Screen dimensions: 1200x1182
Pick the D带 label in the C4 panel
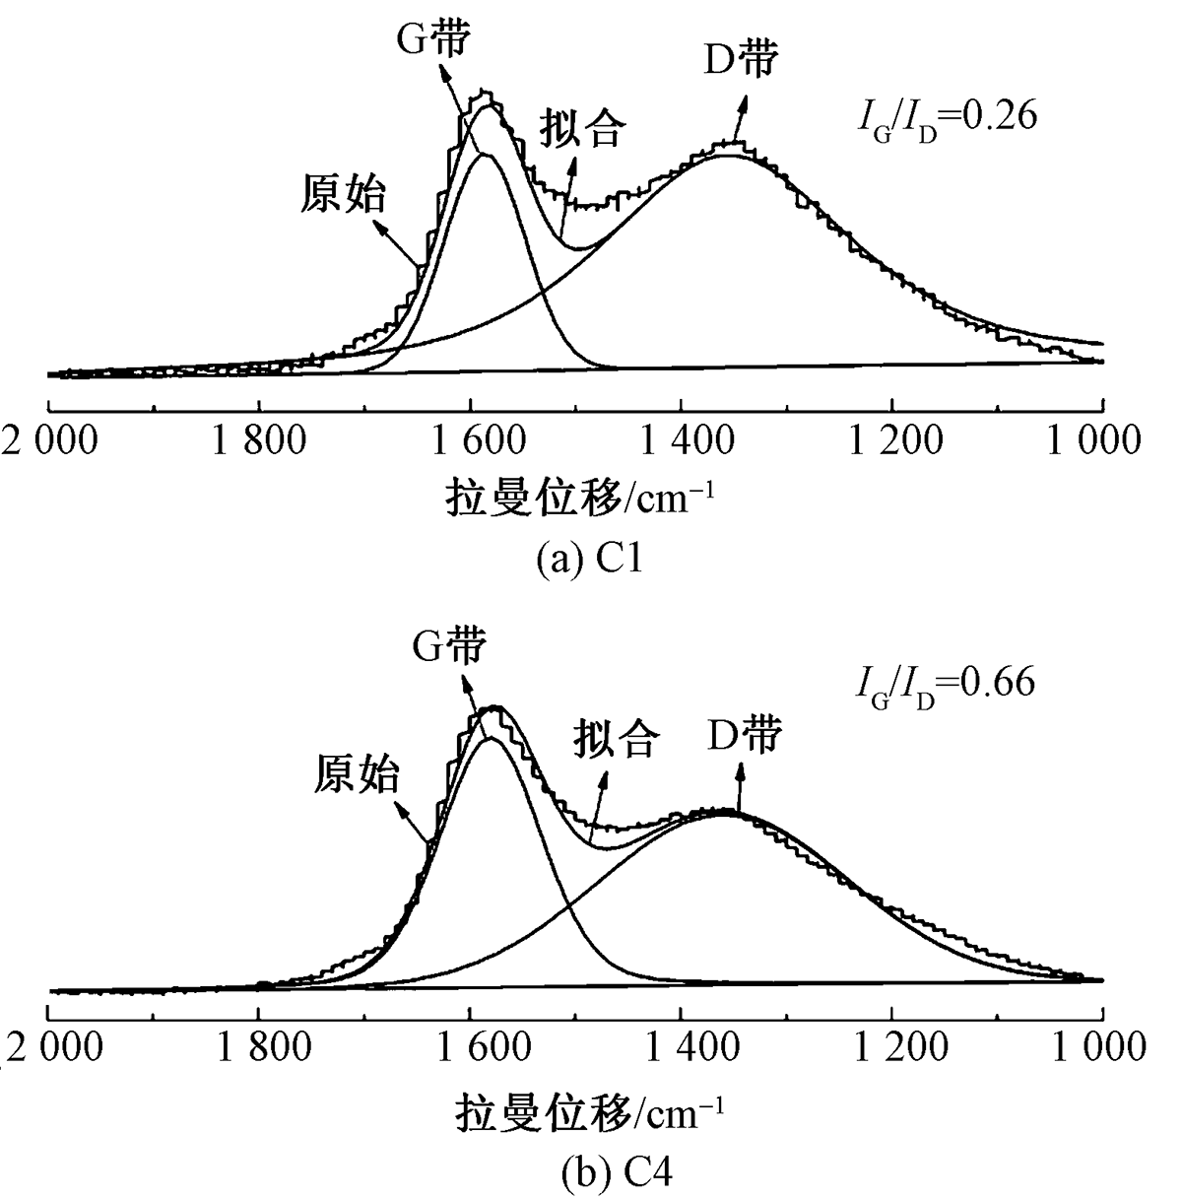(744, 735)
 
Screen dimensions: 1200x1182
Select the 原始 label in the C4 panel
(357, 773)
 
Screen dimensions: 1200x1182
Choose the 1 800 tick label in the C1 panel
(259, 439)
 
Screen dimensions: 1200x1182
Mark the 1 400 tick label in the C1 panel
(680, 439)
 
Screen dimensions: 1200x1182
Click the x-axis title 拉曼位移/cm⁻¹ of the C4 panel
(590, 1112)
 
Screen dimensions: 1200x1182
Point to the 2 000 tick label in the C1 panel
(49, 439)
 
